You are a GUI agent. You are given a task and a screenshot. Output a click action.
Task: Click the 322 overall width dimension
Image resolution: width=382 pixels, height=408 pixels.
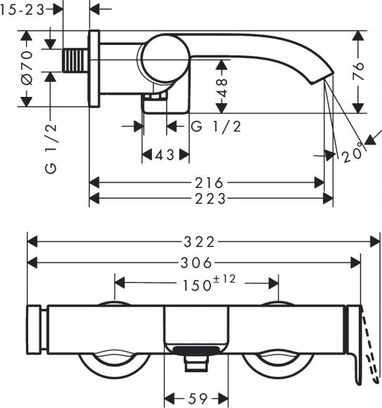199,242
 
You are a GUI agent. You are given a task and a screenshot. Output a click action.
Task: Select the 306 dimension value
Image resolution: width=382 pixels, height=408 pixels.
196,263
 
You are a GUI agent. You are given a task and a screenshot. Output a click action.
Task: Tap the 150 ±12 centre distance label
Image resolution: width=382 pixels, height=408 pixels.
209,283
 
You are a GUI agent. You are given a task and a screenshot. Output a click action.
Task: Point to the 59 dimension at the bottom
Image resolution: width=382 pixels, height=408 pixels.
198,398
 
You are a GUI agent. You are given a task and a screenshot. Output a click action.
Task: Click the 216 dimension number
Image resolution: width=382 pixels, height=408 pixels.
210,183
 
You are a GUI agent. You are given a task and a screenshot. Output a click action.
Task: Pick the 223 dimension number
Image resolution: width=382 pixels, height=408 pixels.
210,199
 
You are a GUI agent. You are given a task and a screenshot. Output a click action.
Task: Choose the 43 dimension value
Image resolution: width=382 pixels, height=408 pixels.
165,155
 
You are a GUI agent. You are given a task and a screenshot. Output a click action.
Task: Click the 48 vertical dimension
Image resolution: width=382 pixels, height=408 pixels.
222,88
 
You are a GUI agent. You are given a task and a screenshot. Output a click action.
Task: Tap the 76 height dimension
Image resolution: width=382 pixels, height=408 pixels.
358,71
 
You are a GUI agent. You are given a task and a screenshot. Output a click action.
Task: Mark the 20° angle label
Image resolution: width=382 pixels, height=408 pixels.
352,154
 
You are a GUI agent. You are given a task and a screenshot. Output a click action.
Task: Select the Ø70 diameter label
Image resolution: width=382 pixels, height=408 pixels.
27,68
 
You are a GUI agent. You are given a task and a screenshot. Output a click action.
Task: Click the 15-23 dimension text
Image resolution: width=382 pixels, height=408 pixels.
23,10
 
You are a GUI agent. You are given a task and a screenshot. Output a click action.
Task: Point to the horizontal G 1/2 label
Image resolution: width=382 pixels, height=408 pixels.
216,126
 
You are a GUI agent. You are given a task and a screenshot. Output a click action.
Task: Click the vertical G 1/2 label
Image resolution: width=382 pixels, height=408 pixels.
51,148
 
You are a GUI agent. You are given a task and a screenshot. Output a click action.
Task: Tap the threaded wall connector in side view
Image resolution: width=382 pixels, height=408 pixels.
75,60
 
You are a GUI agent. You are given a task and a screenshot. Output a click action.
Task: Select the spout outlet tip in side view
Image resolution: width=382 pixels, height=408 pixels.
321,78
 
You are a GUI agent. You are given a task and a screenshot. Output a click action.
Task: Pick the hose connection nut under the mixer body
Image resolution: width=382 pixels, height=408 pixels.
196,364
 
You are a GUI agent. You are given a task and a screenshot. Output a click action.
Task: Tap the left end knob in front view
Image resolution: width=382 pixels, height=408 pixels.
34,329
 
